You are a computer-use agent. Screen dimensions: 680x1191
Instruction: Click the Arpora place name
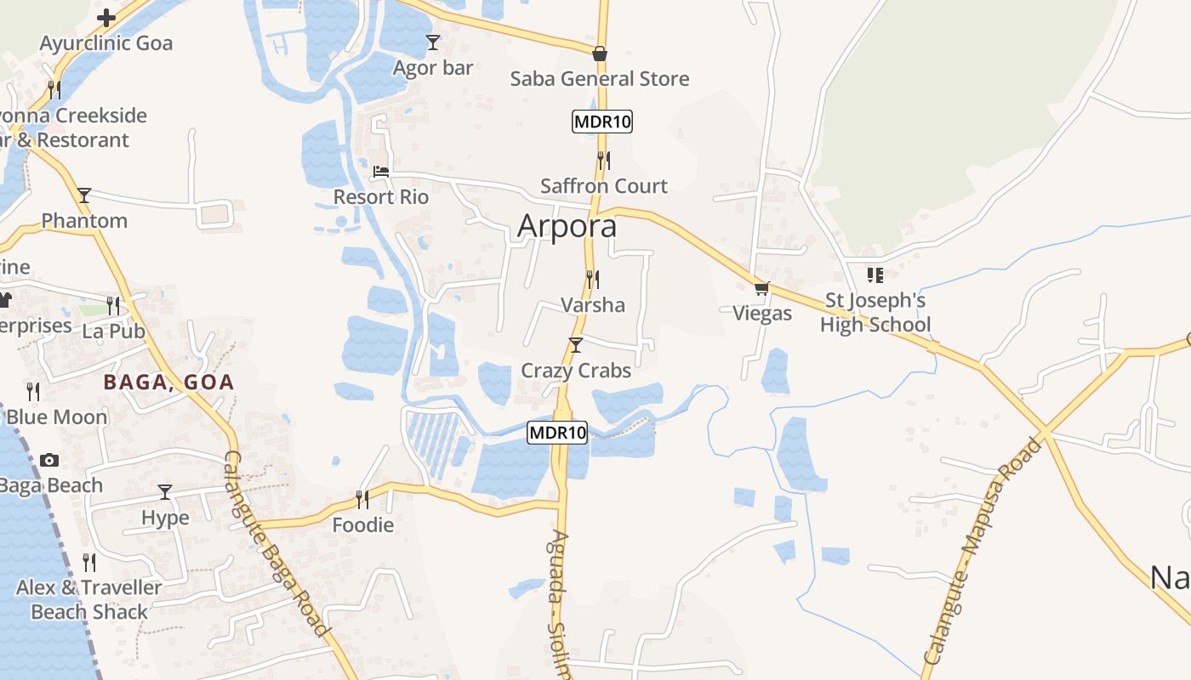coord(567,227)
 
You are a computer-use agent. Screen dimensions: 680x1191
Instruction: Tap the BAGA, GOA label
coord(168,382)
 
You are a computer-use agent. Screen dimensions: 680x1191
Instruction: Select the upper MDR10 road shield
coord(602,122)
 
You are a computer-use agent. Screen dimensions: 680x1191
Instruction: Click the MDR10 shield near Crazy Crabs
coord(557,433)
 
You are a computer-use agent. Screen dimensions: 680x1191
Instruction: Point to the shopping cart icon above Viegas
coord(761,289)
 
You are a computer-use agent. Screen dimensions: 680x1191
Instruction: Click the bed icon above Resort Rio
coord(381,173)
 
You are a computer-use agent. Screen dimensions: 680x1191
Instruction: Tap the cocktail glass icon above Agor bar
coord(433,42)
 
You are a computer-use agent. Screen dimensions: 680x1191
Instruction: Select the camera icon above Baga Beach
coord(49,461)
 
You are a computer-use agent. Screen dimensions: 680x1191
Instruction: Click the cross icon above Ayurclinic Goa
coord(106,18)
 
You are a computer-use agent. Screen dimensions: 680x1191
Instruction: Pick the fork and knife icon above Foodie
coord(362,499)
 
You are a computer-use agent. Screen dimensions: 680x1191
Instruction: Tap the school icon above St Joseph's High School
coord(875,275)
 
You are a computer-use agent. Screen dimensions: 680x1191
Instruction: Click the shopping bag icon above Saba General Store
coord(600,54)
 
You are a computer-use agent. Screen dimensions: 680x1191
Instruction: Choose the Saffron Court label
coord(604,186)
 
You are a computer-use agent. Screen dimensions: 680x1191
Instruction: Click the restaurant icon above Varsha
coord(593,279)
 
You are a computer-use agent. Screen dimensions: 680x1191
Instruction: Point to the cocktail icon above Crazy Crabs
coord(576,345)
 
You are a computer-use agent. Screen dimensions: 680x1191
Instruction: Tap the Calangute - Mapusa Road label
coord(983,552)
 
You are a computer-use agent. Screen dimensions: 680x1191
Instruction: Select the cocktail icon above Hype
coord(165,492)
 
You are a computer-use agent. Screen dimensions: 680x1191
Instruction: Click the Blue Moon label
coord(57,417)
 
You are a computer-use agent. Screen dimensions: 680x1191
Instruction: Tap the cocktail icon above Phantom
coord(84,195)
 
